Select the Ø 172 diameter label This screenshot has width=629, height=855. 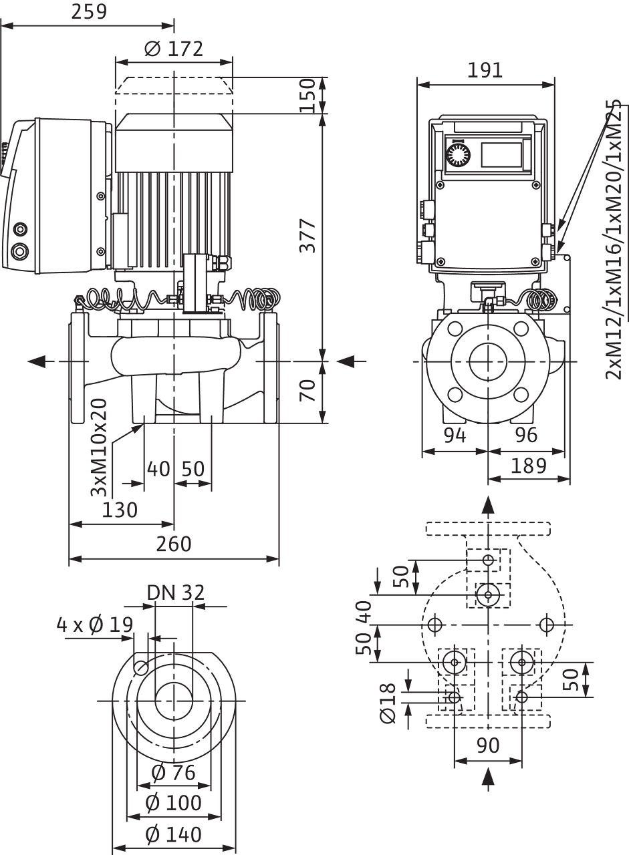(x=174, y=48)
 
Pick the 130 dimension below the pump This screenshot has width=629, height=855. (x=120, y=510)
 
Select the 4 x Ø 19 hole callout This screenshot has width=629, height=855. (x=94, y=626)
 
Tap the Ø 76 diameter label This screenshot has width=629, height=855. (x=172, y=774)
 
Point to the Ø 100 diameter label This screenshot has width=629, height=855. (x=174, y=803)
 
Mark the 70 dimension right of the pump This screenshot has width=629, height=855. (x=308, y=390)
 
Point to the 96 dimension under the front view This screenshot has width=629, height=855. (x=527, y=436)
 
